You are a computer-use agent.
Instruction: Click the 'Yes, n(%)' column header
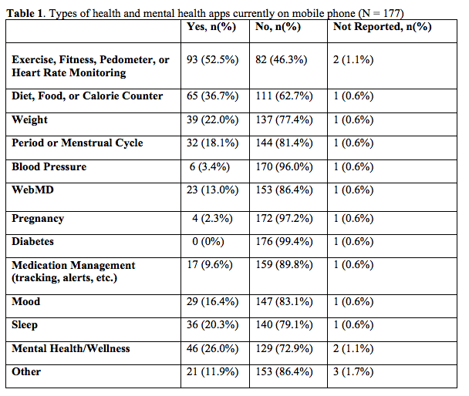(x=211, y=27)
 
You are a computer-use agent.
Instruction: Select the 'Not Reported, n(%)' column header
(x=383, y=27)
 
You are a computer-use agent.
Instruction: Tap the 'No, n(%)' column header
(x=278, y=27)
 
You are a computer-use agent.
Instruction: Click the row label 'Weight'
(x=29, y=120)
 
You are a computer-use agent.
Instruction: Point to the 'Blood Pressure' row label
(x=49, y=166)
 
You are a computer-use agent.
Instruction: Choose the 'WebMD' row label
(x=32, y=190)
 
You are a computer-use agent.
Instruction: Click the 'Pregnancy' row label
(x=38, y=219)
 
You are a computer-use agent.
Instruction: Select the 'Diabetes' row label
(x=32, y=242)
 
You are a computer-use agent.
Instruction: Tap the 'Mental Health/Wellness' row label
(x=71, y=348)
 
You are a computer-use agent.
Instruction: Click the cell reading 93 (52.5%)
(x=213, y=60)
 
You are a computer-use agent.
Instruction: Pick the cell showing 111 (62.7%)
(x=284, y=96)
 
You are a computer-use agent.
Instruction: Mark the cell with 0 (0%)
(x=208, y=242)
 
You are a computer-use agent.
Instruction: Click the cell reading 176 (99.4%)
(x=284, y=242)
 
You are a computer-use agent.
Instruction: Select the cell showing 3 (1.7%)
(x=353, y=372)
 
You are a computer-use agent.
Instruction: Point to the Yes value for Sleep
(x=213, y=325)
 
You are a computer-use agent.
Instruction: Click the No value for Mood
(x=284, y=302)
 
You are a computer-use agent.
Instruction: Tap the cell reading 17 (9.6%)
(x=210, y=265)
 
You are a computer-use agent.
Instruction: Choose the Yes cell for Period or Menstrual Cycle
(x=213, y=143)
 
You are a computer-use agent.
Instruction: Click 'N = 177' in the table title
(x=380, y=13)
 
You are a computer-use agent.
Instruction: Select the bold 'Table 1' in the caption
(x=25, y=13)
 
